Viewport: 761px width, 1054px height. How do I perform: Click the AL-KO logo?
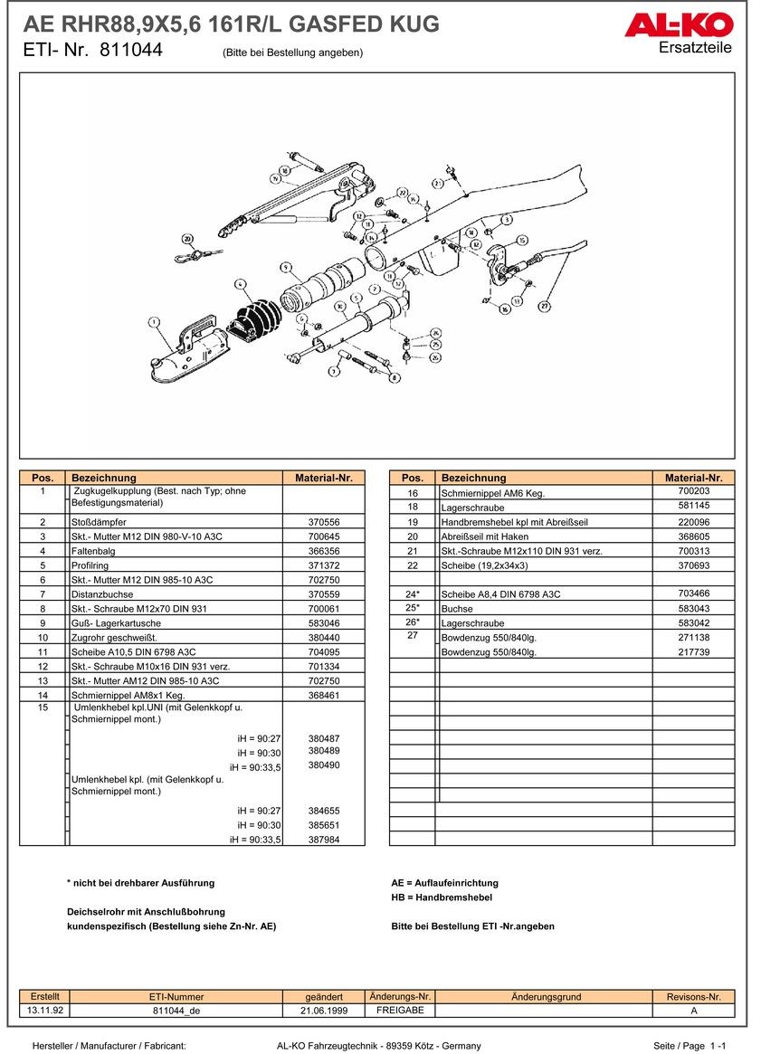coord(678,26)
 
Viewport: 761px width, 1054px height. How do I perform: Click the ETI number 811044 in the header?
coord(131,52)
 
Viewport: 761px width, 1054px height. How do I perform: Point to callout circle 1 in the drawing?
coord(154,321)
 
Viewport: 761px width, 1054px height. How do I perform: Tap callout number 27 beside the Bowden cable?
coord(544,306)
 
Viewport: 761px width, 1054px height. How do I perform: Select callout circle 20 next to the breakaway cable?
coord(187,239)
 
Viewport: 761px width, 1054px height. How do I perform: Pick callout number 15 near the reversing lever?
coord(521,241)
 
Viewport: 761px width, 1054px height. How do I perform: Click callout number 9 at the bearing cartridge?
coord(286,268)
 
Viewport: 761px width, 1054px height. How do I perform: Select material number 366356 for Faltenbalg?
coord(324,551)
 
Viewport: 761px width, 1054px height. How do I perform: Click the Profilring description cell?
coord(90,565)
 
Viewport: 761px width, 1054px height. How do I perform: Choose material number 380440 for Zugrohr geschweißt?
coord(324,637)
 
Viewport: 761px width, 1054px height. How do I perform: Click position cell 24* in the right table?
coord(412,594)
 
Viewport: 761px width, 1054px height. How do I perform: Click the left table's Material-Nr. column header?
coord(323,478)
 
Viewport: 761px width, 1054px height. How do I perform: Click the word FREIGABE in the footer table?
coord(400,1011)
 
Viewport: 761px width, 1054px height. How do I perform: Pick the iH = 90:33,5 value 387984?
coord(324,839)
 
